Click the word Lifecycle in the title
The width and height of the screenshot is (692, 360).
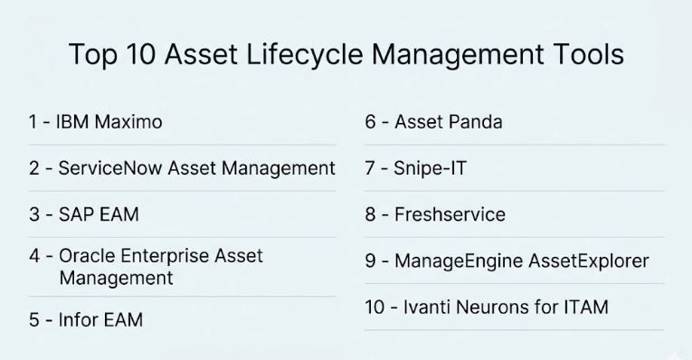305,54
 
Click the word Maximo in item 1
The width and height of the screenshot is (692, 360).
128,122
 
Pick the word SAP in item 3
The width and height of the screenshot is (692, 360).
76,214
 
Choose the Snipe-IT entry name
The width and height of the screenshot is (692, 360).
430,169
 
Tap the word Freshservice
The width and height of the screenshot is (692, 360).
450,214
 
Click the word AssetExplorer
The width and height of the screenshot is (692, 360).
589,261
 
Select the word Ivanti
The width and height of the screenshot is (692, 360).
426,307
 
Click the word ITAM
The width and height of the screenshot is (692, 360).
586,307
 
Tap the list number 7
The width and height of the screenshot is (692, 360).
370,168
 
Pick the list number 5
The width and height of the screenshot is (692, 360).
34,320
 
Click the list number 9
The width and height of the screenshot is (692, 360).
370,261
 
